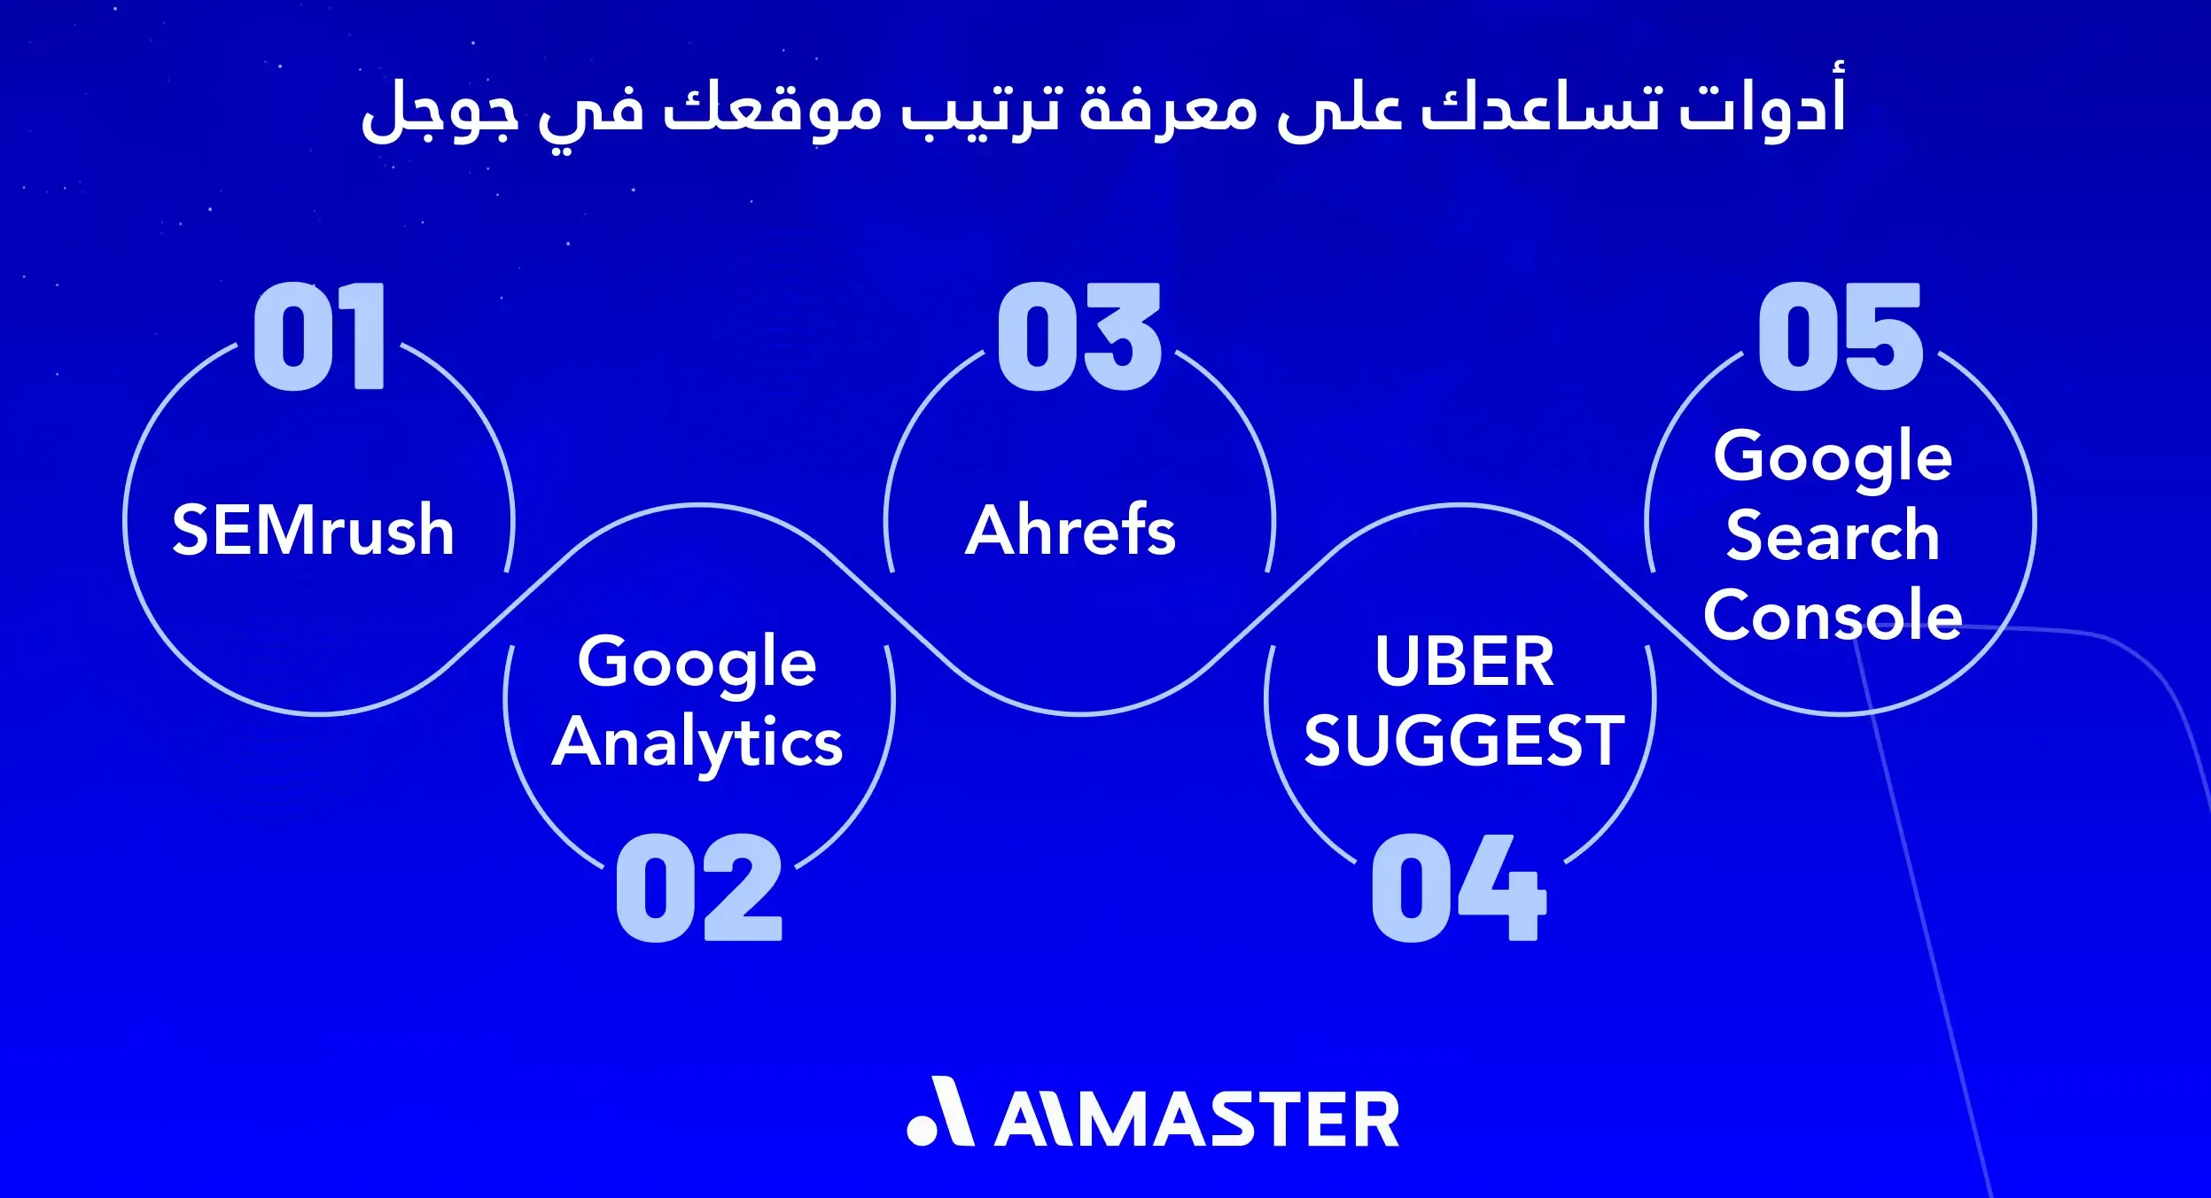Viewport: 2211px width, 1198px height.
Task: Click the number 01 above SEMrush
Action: point(319,336)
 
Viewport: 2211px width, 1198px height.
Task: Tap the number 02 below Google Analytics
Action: point(698,887)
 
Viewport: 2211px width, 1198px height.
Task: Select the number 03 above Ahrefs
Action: point(1078,336)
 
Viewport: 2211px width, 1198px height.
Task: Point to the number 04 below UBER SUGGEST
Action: point(1458,887)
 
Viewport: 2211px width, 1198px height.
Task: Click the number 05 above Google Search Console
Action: point(1840,336)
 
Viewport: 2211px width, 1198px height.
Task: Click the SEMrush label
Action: point(313,530)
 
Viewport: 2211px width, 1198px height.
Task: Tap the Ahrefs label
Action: point(1070,530)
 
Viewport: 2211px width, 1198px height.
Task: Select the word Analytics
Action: point(697,743)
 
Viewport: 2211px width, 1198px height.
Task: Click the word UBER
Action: point(1464,661)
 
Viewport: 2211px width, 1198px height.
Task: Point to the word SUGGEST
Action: point(1464,741)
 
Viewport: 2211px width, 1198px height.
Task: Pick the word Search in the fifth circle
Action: point(1833,535)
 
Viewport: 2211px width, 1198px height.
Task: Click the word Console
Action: point(1833,615)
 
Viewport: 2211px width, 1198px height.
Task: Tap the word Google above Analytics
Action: point(697,663)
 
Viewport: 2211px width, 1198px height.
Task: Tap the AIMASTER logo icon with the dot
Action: point(939,1113)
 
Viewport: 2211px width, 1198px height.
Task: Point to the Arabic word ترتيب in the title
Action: point(980,111)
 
